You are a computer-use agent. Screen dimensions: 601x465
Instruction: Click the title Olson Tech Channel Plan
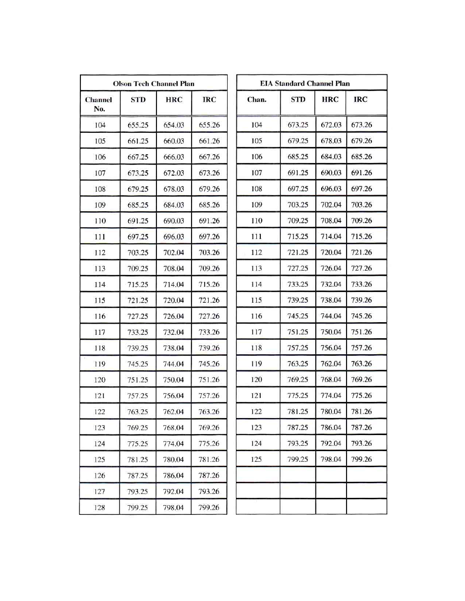coord(154,84)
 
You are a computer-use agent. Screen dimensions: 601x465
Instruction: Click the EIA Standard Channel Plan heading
coord(305,83)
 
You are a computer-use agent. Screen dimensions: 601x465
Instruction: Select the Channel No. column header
coord(99,104)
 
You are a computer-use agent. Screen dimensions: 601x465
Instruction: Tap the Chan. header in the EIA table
coord(257,100)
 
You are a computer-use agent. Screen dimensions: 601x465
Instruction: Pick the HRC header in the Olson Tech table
coord(174,100)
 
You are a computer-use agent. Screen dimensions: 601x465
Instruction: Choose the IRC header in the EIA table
coord(361,99)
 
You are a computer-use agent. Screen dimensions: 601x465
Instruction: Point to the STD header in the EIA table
coord(298,99)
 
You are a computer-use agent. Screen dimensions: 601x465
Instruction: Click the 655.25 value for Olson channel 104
coord(138,125)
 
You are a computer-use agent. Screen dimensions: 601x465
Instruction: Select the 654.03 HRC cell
coord(174,125)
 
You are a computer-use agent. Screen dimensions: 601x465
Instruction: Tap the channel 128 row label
coord(99,508)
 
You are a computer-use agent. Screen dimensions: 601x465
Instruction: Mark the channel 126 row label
coord(99,475)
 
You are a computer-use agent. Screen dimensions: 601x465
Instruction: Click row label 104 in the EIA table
coord(256,125)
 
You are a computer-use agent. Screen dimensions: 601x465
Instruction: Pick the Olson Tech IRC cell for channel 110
coord(209,221)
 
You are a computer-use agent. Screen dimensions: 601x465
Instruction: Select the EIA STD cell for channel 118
coord(298,348)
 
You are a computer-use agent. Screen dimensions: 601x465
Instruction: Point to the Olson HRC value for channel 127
coord(174,492)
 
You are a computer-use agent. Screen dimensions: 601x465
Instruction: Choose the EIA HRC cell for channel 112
coord(331,253)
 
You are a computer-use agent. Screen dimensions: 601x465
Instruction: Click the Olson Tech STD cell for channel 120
coord(138,380)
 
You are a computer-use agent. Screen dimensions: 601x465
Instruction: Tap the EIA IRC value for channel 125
coord(361,459)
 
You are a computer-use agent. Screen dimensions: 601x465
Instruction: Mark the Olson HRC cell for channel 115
coord(174,300)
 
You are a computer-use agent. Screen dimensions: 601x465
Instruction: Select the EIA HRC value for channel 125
coord(331,459)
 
